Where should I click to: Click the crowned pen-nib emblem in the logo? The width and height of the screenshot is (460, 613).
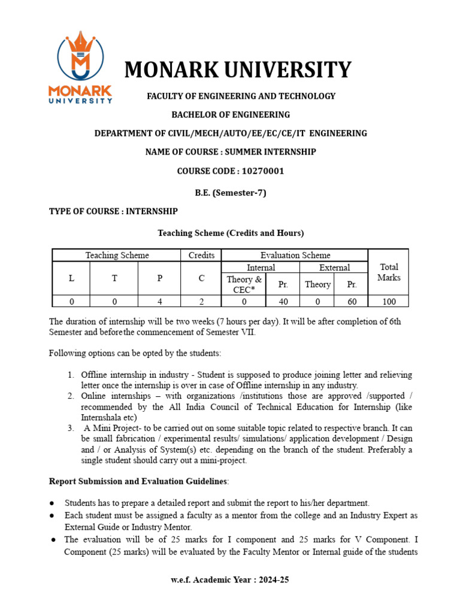click(x=80, y=57)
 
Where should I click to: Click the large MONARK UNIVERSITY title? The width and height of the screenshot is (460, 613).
click(x=237, y=70)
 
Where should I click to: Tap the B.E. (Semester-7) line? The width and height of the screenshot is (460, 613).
click(x=231, y=193)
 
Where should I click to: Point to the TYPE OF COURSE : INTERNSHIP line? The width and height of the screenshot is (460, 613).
click(x=113, y=212)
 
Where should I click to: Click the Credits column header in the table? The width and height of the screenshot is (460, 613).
click(x=201, y=255)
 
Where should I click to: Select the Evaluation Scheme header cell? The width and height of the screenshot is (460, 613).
click(x=295, y=255)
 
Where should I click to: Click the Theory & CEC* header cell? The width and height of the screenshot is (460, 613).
click(x=244, y=284)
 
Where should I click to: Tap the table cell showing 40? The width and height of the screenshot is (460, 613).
click(x=283, y=302)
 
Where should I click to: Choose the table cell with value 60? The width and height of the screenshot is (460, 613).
click(x=352, y=302)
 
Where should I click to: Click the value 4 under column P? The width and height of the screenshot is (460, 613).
click(x=159, y=302)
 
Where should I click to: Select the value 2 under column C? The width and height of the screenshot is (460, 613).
click(x=201, y=302)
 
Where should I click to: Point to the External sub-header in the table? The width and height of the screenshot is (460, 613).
click(x=334, y=268)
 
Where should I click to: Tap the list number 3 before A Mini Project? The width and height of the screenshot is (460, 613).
click(x=70, y=429)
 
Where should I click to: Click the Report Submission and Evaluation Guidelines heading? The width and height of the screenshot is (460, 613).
click(x=138, y=481)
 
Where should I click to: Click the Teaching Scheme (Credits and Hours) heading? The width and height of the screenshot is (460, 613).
click(x=231, y=233)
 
